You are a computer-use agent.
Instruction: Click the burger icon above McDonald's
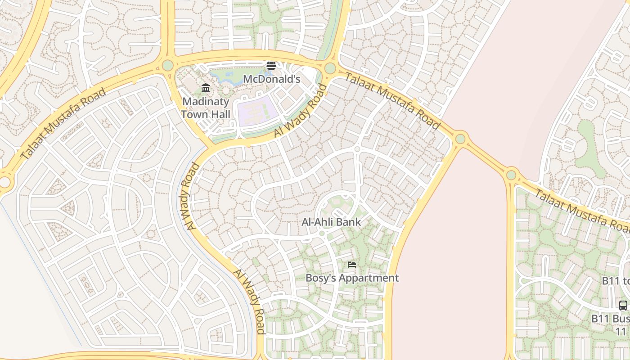coord(271,66)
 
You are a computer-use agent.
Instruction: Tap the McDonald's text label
coord(271,79)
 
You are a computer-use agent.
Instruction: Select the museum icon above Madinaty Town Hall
coord(206,88)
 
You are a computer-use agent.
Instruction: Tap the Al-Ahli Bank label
coord(331,222)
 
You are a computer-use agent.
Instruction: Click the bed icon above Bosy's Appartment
coord(352,265)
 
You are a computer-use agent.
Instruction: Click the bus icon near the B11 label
coord(623,305)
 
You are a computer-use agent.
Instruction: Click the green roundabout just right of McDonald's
coord(330,68)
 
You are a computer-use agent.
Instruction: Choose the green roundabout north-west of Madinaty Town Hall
coord(167,65)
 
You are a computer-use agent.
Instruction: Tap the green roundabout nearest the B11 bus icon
coord(511,175)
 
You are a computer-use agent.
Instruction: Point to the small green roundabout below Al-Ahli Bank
coord(322,234)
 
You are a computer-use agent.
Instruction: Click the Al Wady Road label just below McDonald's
coord(299,111)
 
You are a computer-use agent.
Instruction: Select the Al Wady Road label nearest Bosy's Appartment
coord(248,301)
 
